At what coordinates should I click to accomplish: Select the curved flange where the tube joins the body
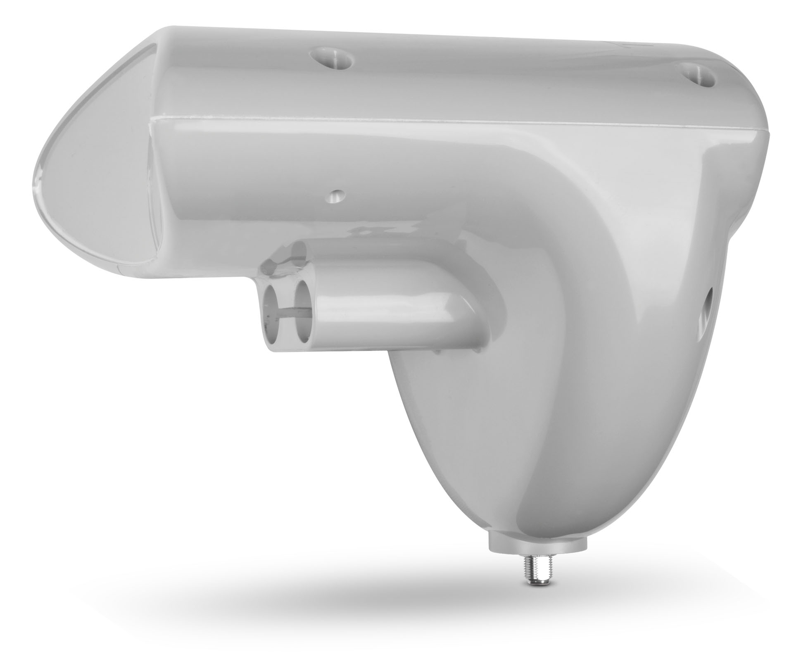click(x=475, y=289)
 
